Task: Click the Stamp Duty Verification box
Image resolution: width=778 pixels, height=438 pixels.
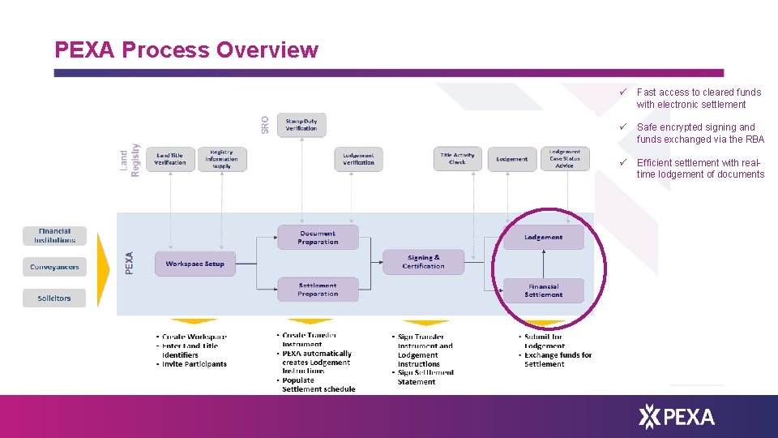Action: [301, 124]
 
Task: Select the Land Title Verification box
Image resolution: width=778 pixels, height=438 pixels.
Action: [170, 159]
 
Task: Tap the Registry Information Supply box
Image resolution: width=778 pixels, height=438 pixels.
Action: [221, 158]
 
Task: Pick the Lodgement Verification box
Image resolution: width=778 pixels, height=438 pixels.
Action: [358, 159]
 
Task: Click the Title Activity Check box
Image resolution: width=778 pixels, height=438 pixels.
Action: [457, 159]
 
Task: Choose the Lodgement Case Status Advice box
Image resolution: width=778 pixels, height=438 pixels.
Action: [564, 158]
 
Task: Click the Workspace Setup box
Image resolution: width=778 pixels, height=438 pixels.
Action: [194, 264]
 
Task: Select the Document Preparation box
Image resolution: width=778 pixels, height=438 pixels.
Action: [317, 237]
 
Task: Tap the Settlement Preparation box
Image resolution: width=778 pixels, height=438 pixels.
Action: [317, 290]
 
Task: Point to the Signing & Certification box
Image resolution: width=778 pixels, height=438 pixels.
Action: [423, 261]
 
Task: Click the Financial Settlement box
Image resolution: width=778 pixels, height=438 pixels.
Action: [543, 290]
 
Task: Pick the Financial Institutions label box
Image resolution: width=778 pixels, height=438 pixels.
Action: [54, 235]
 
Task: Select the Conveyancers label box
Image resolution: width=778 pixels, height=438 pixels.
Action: [54, 267]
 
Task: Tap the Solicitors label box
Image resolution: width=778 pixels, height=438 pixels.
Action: [54, 298]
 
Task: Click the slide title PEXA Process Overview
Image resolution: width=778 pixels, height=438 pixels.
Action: [186, 50]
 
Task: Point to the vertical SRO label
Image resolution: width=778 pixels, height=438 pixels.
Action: [265, 124]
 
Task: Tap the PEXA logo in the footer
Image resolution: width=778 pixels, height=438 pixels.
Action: [677, 417]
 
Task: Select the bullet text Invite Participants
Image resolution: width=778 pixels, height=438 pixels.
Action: [194, 364]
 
